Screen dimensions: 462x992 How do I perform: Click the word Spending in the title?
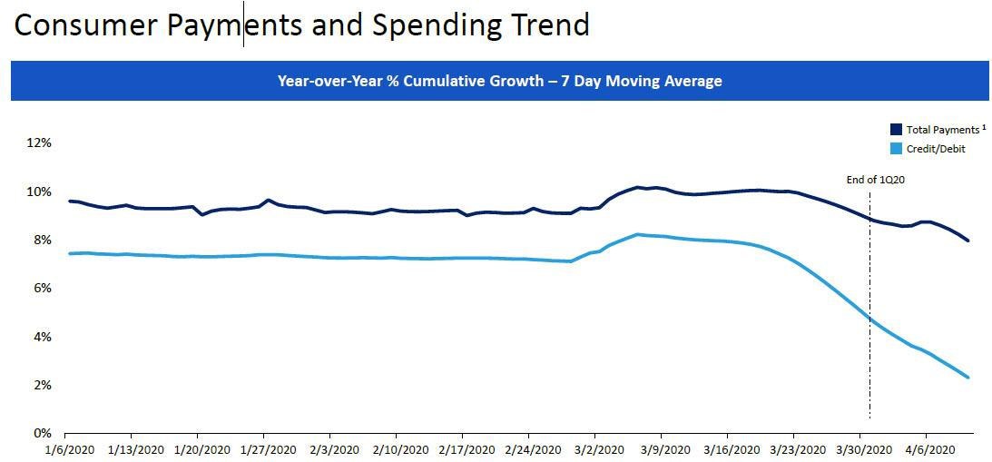click(x=432, y=25)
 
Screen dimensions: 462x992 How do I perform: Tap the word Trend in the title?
click(x=548, y=25)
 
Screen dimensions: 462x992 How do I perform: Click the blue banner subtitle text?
click(x=499, y=82)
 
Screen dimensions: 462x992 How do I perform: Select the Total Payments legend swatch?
click(x=897, y=130)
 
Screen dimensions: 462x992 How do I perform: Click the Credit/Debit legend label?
click(x=936, y=148)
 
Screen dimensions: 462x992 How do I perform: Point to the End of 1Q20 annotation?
click(x=876, y=180)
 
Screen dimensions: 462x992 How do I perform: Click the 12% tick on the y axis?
click(x=39, y=143)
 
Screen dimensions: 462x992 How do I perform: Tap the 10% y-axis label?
click(x=39, y=192)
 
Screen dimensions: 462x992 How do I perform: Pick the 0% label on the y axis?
click(x=42, y=433)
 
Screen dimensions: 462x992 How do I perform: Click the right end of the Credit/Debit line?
click(x=968, y=378)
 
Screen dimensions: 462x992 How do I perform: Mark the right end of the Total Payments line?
click(x=968, y=241)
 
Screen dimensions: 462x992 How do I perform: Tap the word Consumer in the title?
click(x=86, y=25)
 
